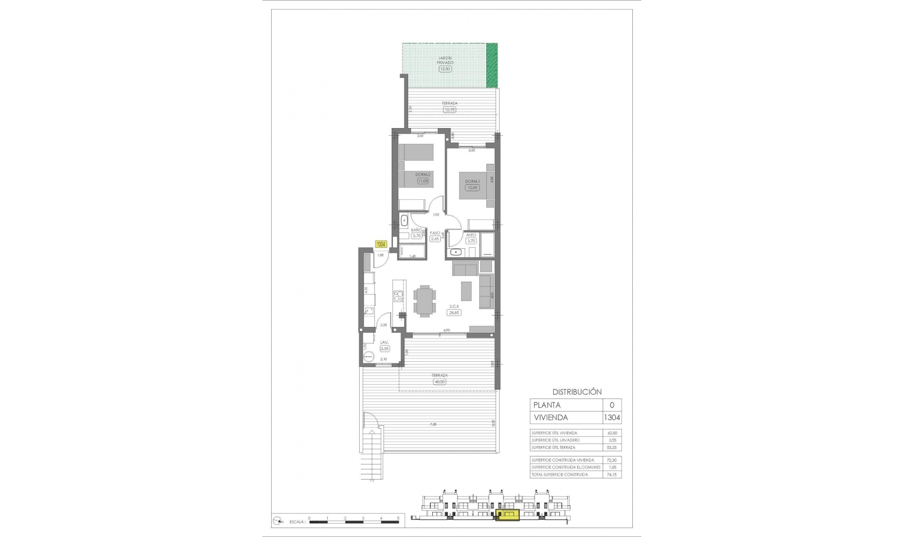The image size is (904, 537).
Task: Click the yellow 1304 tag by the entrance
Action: pyautogui.click(x=381, y=244)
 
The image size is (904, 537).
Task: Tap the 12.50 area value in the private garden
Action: pyautogui.click(x=445, y=69)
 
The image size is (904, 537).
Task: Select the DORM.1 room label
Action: pyautogui.click(x=472, y=181)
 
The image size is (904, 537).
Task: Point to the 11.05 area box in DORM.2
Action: pyautogui.click(x=423, y=181)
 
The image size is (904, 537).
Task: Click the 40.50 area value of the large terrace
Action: pyautogui.click(x=439, y=382)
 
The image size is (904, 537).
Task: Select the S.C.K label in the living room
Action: pyautogui.click(x=454, y=306)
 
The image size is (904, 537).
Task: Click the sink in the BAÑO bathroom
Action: pyautogui.click(x=404, y=220)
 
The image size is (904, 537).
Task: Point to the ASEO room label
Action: pyautogui.click(x=471, y=235)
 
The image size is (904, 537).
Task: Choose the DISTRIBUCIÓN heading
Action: pyautogui.click(x=577, y=392)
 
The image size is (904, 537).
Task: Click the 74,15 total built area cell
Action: pyautogui.click(x=612, y=475)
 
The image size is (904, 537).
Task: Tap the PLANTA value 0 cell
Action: pyautogui.click(x=612, y=405)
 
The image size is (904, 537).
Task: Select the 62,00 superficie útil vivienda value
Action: pyautogui.click(x=612, y=433)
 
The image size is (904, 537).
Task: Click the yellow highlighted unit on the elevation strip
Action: pyautogui.click(x=508, y=516)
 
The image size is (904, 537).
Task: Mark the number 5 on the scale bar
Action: pyautogui.click(x=398, y=518)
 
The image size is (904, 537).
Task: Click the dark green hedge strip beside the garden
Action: pyautogui.click(x=492, y=65)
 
